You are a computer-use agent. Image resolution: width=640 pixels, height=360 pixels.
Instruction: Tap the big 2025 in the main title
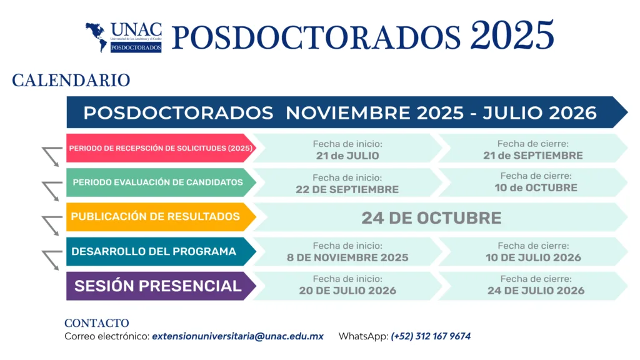pos(512,36)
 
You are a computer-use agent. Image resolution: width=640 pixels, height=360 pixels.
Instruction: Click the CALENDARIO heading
pos(71,81)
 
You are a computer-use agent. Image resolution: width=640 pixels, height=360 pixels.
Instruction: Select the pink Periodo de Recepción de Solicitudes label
pos(161,148)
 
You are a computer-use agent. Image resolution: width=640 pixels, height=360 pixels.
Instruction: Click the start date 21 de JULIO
pos(347,156)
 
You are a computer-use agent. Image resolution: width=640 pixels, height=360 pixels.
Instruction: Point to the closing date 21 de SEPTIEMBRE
pos(532,156)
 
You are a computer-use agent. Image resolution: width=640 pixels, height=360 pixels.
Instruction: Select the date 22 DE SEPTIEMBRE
pos(347,190)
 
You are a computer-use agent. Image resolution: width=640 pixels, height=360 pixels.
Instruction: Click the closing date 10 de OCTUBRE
pos(536,188)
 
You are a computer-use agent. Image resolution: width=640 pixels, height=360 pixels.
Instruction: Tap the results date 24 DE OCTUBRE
pos(431,218)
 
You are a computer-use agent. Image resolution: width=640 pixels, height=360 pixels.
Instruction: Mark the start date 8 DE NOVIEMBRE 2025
pos(347,258)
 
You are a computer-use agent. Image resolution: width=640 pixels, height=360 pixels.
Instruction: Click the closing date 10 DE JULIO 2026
pos(533,258)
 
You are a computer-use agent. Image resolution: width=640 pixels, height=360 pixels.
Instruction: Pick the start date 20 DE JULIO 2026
pos(347,291)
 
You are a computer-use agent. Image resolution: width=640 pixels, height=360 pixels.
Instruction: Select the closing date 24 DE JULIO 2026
pos(536,291)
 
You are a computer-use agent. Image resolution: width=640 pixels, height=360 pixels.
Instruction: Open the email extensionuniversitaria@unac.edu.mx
pos(237,337)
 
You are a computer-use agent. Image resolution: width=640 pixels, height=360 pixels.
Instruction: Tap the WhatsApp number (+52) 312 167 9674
pos(431,337)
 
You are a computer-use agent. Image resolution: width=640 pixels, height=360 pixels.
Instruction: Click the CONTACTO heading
pos(97,323)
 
